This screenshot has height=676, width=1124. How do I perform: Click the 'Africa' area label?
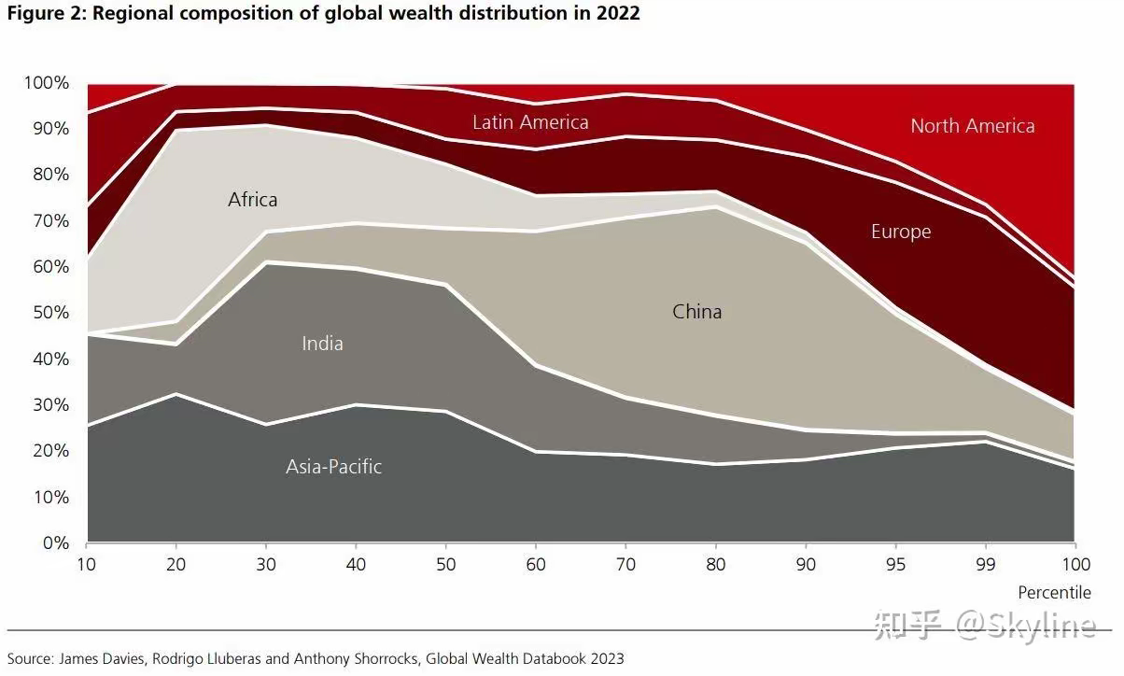pyautogui.click(x=252, y=200)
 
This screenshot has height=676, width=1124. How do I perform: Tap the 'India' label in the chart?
pyautogui.click(x=322, y=344)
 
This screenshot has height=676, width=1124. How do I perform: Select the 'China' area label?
pyautogui.click(x=696, y=312)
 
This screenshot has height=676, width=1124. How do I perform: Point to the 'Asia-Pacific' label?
pyautogui.click(x=333, y=467)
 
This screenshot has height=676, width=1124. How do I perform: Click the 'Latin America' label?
pyautogui.click(x=529, y=122)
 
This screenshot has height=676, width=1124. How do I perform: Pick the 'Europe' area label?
pyautogui.click(x=900, y=232)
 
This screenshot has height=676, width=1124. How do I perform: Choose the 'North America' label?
pyautogui.click(x=972, y=126)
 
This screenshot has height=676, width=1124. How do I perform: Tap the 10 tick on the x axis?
pyautogui.click(x=87, y=565)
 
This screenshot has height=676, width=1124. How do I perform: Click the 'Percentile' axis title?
pyautogui.click(x=1053, y=593)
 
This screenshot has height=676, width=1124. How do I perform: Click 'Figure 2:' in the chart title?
pyautogui.click(x=46, y=15)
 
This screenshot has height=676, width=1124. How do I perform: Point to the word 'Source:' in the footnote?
pyautogui.click(x=31, y=658)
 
